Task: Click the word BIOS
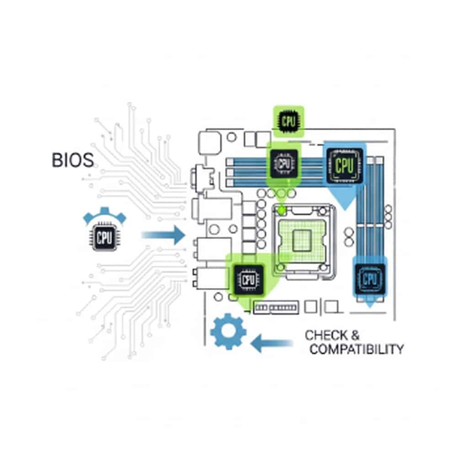click(73, 160)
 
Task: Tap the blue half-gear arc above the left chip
click(105, 215)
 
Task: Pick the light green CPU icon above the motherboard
click(288, 121)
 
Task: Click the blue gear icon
click(229, 332)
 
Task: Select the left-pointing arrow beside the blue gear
click(271, 342)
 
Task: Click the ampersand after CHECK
click(356, 335)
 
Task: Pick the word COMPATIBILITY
click(356, 350)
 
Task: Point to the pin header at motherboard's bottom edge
click(276, 308)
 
